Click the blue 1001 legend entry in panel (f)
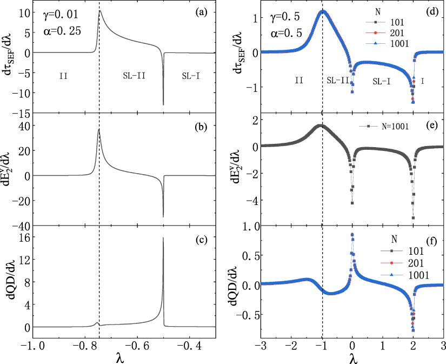[x=400, y=275]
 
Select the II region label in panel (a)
[x=63, y=76]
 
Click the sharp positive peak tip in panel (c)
[x=163, y=238]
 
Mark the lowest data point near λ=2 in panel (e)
[x=413, y=218]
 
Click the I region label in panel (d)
[x=422, y=80]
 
